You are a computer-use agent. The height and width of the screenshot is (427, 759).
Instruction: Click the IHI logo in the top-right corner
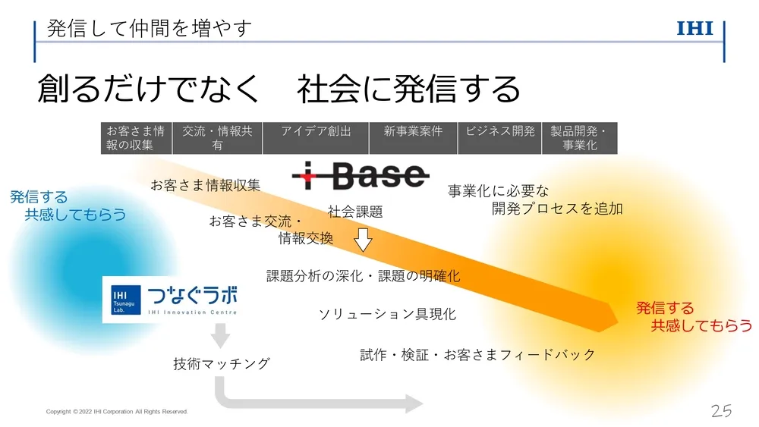(694, 29)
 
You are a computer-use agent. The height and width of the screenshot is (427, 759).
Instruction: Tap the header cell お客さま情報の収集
(136, 138)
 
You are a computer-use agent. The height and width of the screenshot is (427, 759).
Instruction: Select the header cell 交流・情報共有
(217, 138)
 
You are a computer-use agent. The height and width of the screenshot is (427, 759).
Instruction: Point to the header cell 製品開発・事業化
(579, 138)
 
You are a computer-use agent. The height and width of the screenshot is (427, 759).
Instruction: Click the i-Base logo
(360, 177)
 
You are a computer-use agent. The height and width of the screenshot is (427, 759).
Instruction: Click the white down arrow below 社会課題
(364, 240)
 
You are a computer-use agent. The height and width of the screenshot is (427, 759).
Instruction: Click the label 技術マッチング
(222, 364)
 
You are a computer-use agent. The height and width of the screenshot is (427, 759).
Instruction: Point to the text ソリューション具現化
(387, 314)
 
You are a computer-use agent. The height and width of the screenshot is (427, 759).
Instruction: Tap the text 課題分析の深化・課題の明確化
(363, 276)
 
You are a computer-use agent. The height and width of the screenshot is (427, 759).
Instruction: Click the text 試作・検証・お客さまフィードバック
(477, 354)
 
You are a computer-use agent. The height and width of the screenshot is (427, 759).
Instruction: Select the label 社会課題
(355, 212)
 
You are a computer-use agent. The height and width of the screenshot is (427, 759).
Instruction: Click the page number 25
(721, 411)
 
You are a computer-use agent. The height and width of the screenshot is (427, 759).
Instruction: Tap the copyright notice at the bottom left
(116, 412)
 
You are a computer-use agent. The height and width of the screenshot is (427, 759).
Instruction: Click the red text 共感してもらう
(701, 325)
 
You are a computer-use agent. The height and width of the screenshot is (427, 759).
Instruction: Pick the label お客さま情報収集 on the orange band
(205, 185)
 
